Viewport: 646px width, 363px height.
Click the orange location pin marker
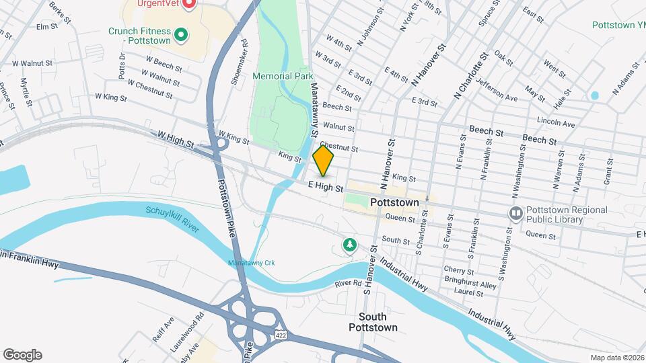324,161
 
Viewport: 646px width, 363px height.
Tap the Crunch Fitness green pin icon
180,34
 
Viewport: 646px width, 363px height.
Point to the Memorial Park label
283,77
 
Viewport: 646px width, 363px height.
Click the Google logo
22,354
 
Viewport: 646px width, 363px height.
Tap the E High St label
326,188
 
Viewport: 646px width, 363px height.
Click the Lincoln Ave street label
556,124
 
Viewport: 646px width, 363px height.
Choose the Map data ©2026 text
616,358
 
